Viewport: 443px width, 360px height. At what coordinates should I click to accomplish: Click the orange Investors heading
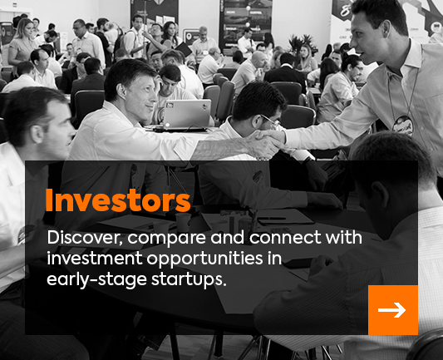click(118, 200)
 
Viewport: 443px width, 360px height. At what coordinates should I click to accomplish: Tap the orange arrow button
click(393, 310)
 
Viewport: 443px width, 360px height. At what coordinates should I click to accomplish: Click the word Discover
click(85, 237)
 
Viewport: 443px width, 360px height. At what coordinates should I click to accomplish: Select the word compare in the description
click(167, 239)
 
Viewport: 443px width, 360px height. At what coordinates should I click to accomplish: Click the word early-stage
click(96, 280)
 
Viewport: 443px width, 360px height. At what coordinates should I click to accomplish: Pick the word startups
click(189, 280)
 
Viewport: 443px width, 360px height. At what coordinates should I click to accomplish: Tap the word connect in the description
click(285, 237)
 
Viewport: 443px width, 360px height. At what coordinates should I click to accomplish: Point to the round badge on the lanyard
click(403, 126)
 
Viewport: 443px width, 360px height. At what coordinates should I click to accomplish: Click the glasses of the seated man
click(271, 120)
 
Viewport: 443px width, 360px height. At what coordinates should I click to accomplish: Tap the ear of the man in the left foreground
click(37, 134)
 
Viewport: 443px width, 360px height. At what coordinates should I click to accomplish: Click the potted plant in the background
click(302, 43)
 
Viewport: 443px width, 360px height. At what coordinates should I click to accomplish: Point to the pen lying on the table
click(272, 219)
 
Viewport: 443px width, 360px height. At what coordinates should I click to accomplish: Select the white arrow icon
click(391, 310)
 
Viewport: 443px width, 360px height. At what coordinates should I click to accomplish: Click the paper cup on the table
click(183, 222)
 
